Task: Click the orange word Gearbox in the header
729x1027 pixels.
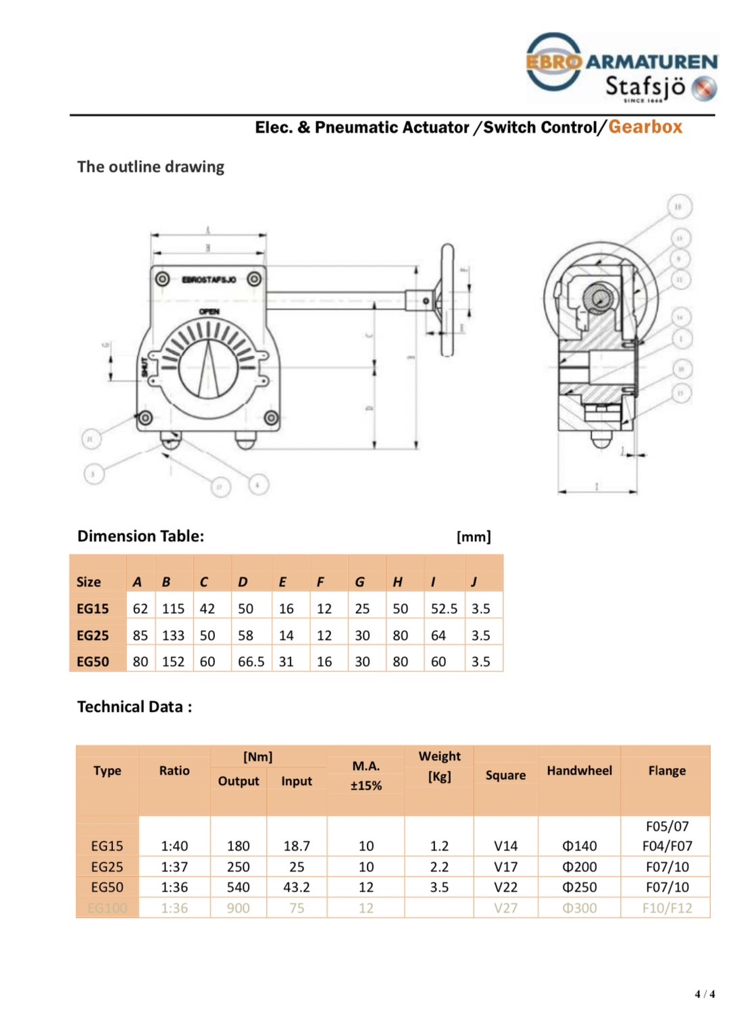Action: pos(645,127)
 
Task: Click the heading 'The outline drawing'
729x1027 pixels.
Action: pos(151,167)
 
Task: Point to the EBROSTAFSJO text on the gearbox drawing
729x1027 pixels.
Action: pos(209,279)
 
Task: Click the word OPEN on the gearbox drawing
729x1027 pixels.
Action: pos(209,312)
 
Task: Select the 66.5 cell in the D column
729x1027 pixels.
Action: pos(251,662)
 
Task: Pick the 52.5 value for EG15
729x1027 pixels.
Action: pos(444,608)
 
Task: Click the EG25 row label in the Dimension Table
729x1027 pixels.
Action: pos(93,636)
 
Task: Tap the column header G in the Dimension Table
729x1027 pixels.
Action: pos(359,582)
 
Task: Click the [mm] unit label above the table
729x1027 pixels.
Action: pos(474,537)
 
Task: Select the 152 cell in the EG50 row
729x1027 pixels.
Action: pos(173,662)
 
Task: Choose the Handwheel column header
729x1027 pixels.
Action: pos(579,771)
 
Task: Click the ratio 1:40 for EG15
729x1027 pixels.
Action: pos(174,846)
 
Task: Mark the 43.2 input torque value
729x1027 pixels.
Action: pos(297,887)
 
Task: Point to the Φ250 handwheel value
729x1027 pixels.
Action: pos(579,887)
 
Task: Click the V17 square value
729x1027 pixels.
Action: pos(505,867)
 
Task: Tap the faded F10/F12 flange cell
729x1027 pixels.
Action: pos(667,908)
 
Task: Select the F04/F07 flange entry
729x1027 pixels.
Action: pos(667,846)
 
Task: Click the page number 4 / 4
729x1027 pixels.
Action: pos(705,994)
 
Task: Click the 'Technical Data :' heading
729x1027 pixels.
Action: pos(134,707)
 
